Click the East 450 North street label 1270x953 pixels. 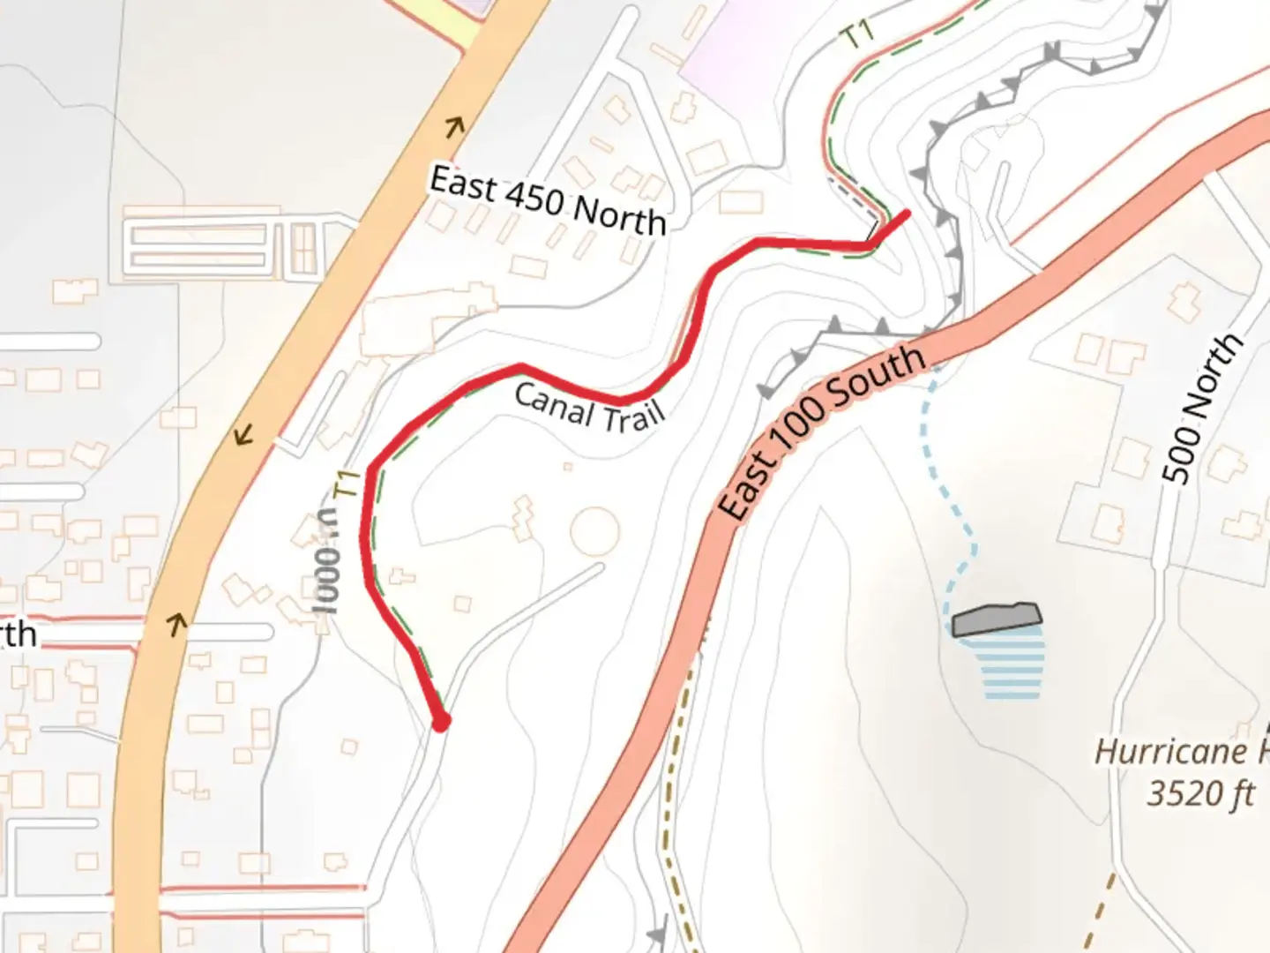(547, 202)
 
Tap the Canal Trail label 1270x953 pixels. (588, 406)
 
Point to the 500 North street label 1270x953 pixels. (1201, 409)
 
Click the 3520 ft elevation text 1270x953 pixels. (1199, 792)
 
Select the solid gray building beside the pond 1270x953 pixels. (997, 619)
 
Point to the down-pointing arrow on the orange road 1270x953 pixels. (243, 434)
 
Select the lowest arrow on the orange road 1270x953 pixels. (177, 625)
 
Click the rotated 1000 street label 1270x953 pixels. (326, 565)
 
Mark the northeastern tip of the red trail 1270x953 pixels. (908, 212)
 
